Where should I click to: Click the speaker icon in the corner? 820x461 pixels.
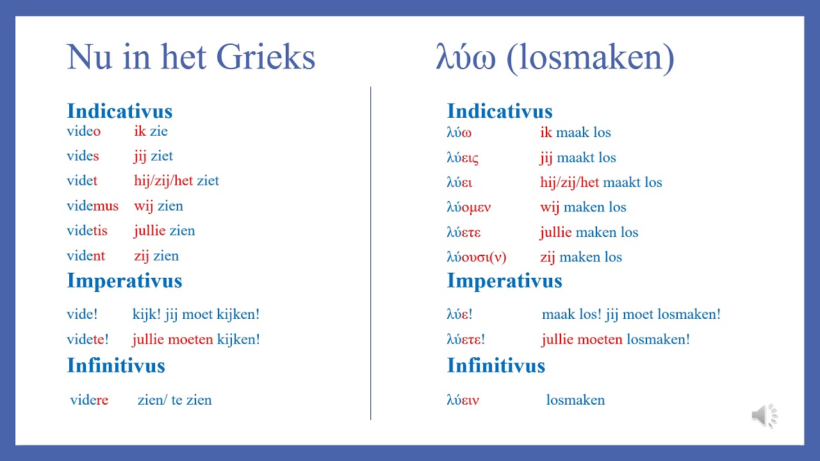764,416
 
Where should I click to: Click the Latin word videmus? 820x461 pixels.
92,206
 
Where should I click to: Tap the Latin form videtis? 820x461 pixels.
87,231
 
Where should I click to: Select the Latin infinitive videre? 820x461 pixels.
89,400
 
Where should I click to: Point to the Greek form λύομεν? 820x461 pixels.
468,207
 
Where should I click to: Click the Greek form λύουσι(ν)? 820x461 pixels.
476,257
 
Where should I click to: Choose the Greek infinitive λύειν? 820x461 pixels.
463,400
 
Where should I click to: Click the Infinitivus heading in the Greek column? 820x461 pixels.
496,366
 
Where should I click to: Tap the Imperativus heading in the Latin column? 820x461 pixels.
124,280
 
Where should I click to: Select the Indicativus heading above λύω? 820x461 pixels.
499,111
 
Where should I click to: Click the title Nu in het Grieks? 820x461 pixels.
191,58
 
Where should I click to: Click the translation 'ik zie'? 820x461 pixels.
151,131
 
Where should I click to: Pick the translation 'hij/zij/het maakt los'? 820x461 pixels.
601,182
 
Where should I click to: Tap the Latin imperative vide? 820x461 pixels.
82,314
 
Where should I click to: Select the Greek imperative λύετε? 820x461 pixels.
465,339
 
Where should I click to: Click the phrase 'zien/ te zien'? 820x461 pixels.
174,400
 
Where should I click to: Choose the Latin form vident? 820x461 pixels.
86,256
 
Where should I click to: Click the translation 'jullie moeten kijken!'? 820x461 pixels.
196,339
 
